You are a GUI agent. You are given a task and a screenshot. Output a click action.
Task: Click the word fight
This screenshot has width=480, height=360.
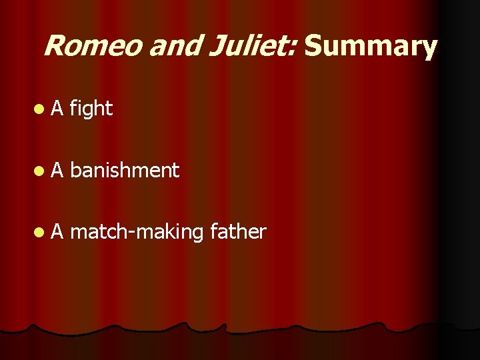tap(91, 107)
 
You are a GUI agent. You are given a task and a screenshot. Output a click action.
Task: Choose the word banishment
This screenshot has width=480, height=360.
tap(124, 171)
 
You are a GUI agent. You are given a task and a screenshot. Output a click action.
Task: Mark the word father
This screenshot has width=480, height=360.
tap(237, 232)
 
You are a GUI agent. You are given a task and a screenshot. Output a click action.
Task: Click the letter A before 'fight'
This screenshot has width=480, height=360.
tap(57, 107)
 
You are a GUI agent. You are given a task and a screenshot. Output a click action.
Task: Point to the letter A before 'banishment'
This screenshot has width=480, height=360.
tap(57, 171)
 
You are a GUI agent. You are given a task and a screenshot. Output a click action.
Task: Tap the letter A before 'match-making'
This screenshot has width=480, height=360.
tap(57, 232)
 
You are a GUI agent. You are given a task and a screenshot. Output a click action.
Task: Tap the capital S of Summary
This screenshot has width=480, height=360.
tap(313, 47)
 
